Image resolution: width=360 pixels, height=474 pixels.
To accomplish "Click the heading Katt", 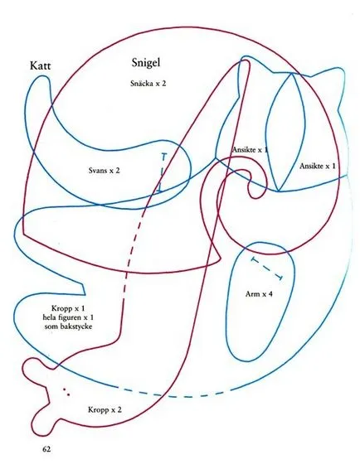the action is [x=41, y=65].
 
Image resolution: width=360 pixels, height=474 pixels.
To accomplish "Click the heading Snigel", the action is [x=146, y=63].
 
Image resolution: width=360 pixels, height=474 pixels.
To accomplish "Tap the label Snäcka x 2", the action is [x=148, y=84].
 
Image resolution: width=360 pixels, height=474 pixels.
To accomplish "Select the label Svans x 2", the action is [x=104, y=171].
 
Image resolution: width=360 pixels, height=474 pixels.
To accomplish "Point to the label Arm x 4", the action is [x=259, y=294].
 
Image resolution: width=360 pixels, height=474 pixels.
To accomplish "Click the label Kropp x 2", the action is [x=105, y=410].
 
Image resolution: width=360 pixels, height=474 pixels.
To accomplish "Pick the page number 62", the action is [x=46, y=449].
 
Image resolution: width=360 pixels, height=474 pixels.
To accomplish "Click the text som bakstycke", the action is [x=68, y=326].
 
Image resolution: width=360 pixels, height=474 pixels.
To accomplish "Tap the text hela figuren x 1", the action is [x=69, y=317].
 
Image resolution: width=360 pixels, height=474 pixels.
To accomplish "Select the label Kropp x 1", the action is [x=68, y=308].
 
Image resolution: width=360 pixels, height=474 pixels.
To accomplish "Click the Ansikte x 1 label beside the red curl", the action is [x=251, y=150].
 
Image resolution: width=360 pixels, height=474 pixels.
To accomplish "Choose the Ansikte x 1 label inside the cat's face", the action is [x=318, y=166].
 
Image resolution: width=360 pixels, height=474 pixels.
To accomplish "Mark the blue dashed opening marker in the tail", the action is [x=162, y=173].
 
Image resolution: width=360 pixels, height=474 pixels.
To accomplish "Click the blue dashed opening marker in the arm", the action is [x=266, y=268].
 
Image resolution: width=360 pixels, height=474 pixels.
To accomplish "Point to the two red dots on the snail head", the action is [x=66, y=392].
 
